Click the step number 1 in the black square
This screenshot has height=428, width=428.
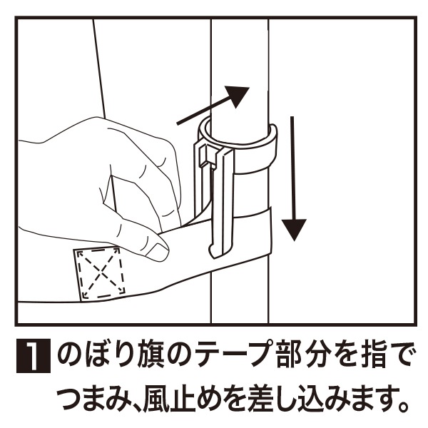click(x=34, y=356)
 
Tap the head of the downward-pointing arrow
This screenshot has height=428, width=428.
click(x=294, y=229)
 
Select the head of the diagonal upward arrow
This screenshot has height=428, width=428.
click(x=238, y=96)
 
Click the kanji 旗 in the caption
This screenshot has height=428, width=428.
click(x=149, y=356)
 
